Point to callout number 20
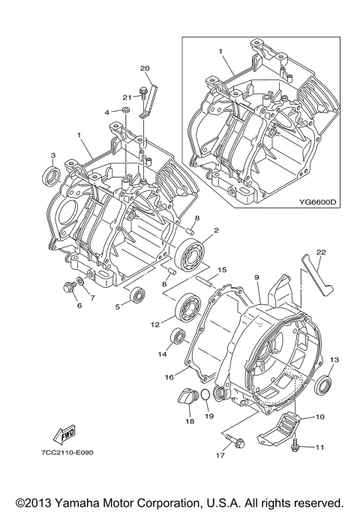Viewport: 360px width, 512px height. point(145,69)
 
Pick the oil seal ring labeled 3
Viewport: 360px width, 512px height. point(53,176)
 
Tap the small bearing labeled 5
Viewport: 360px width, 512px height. point(135,295)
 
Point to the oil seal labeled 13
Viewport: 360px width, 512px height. point(325,386)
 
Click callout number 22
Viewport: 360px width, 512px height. point(321,252)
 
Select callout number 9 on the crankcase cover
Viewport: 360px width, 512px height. point(256,278)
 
